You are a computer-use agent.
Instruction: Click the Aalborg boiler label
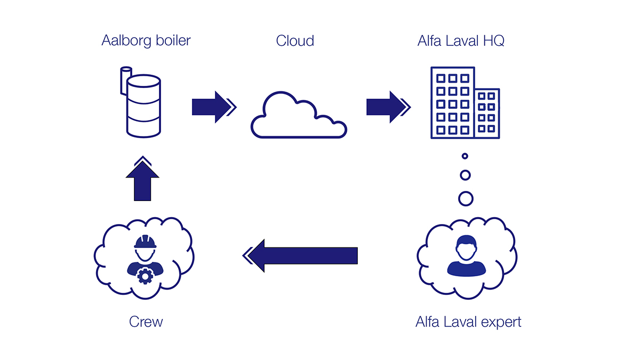pos(146,41)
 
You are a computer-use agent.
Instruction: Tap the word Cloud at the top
pos(294,41)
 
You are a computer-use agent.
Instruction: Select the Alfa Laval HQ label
pos(461,41)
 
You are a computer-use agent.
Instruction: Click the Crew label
pos(146,322)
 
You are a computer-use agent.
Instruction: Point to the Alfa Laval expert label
pos(468,322)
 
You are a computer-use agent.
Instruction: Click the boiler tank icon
pos(142,106)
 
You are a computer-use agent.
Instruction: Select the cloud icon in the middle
pos(298,117)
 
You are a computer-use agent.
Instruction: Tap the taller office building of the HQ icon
pos(452,103)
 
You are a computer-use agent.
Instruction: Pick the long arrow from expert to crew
pos(301,255)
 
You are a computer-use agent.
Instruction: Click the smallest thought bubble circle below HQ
pos(465,156)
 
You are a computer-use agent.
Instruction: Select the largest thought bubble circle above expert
pos(466,198)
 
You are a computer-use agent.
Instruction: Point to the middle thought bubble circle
pos(465,175)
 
